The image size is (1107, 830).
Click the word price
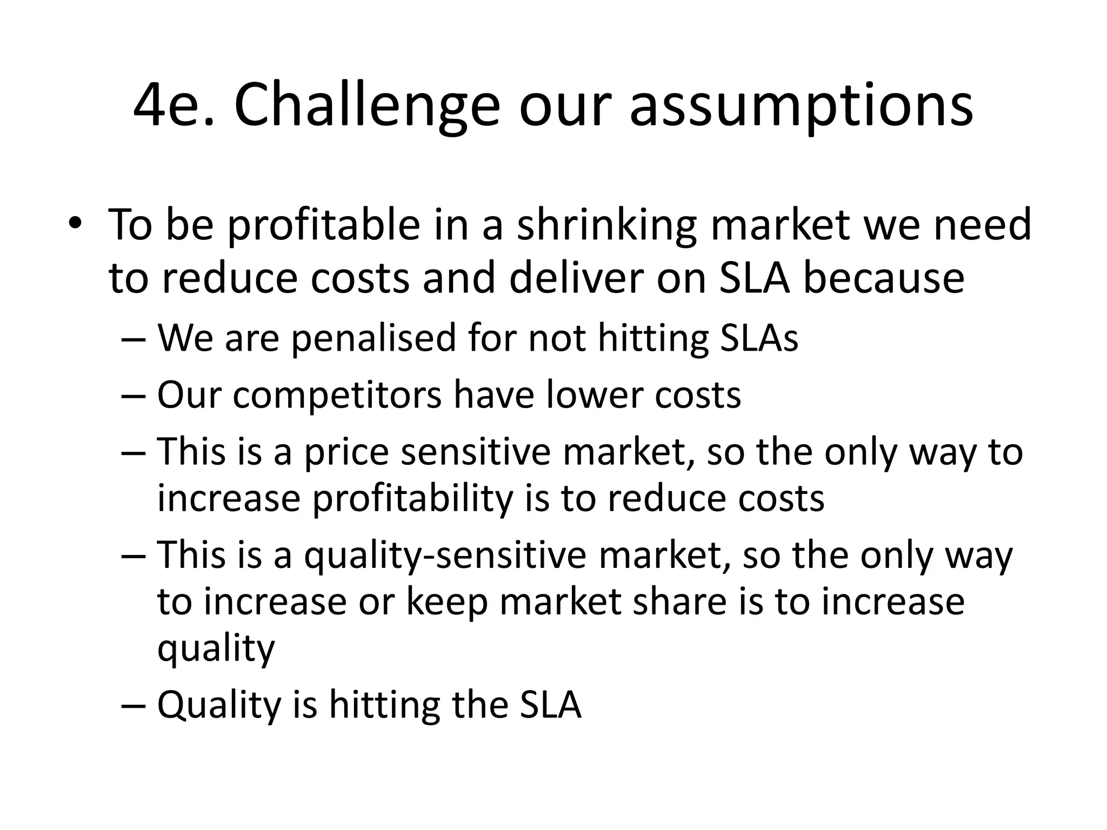(346, 453)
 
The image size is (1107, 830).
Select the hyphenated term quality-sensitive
(445, 557)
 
